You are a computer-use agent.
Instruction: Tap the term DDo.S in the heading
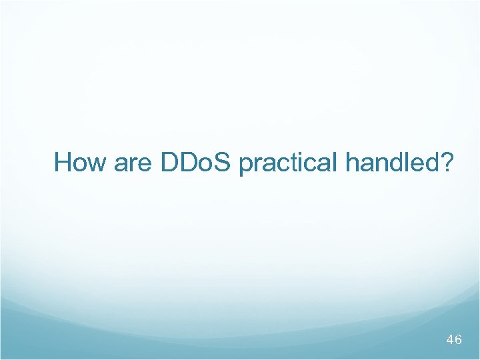(x=197, y=162)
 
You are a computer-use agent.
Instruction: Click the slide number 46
(x=453, y=340)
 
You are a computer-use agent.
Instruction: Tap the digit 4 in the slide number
(x=449, y=340)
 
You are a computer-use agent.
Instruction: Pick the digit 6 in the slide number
(x=458, y=340)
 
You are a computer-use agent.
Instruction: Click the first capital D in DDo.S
(x=169, y=162)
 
